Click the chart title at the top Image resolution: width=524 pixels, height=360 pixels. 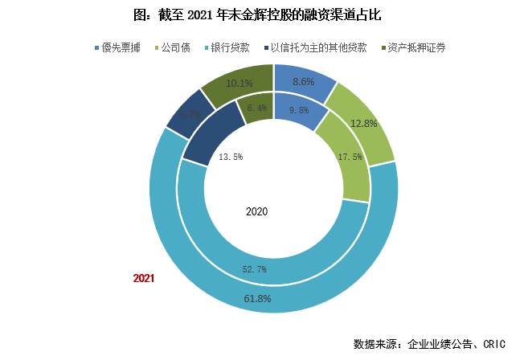pyautogui.click(x=262, y=14)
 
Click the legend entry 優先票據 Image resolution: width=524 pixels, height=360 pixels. pyautogui.click(x=122, y=47)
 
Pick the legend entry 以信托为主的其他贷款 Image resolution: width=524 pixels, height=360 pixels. pyautogui.click(x=318, y=47)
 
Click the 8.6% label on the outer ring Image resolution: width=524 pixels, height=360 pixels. pyautogui.click(x=303, y=81)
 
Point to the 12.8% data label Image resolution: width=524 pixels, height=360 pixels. pyautogui.click(x=364, y=123)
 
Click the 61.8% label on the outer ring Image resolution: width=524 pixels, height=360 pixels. pyautogui.click(x=258, y=299)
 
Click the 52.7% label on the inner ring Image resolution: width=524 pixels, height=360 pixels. pyautogui.click(x=254, y=268)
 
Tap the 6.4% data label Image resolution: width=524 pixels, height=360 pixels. pyautogui.click(x=257, y=108)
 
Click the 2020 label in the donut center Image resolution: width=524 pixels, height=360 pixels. pyautogui.click(x=257, y=212)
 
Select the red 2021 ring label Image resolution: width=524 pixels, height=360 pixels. pyautogui.click(x=143, y=278)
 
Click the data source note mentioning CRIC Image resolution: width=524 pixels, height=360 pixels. pyautogui.click(x=429, y=344)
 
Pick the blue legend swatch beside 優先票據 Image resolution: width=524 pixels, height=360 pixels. pyautogui.click(x=97, y=47)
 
